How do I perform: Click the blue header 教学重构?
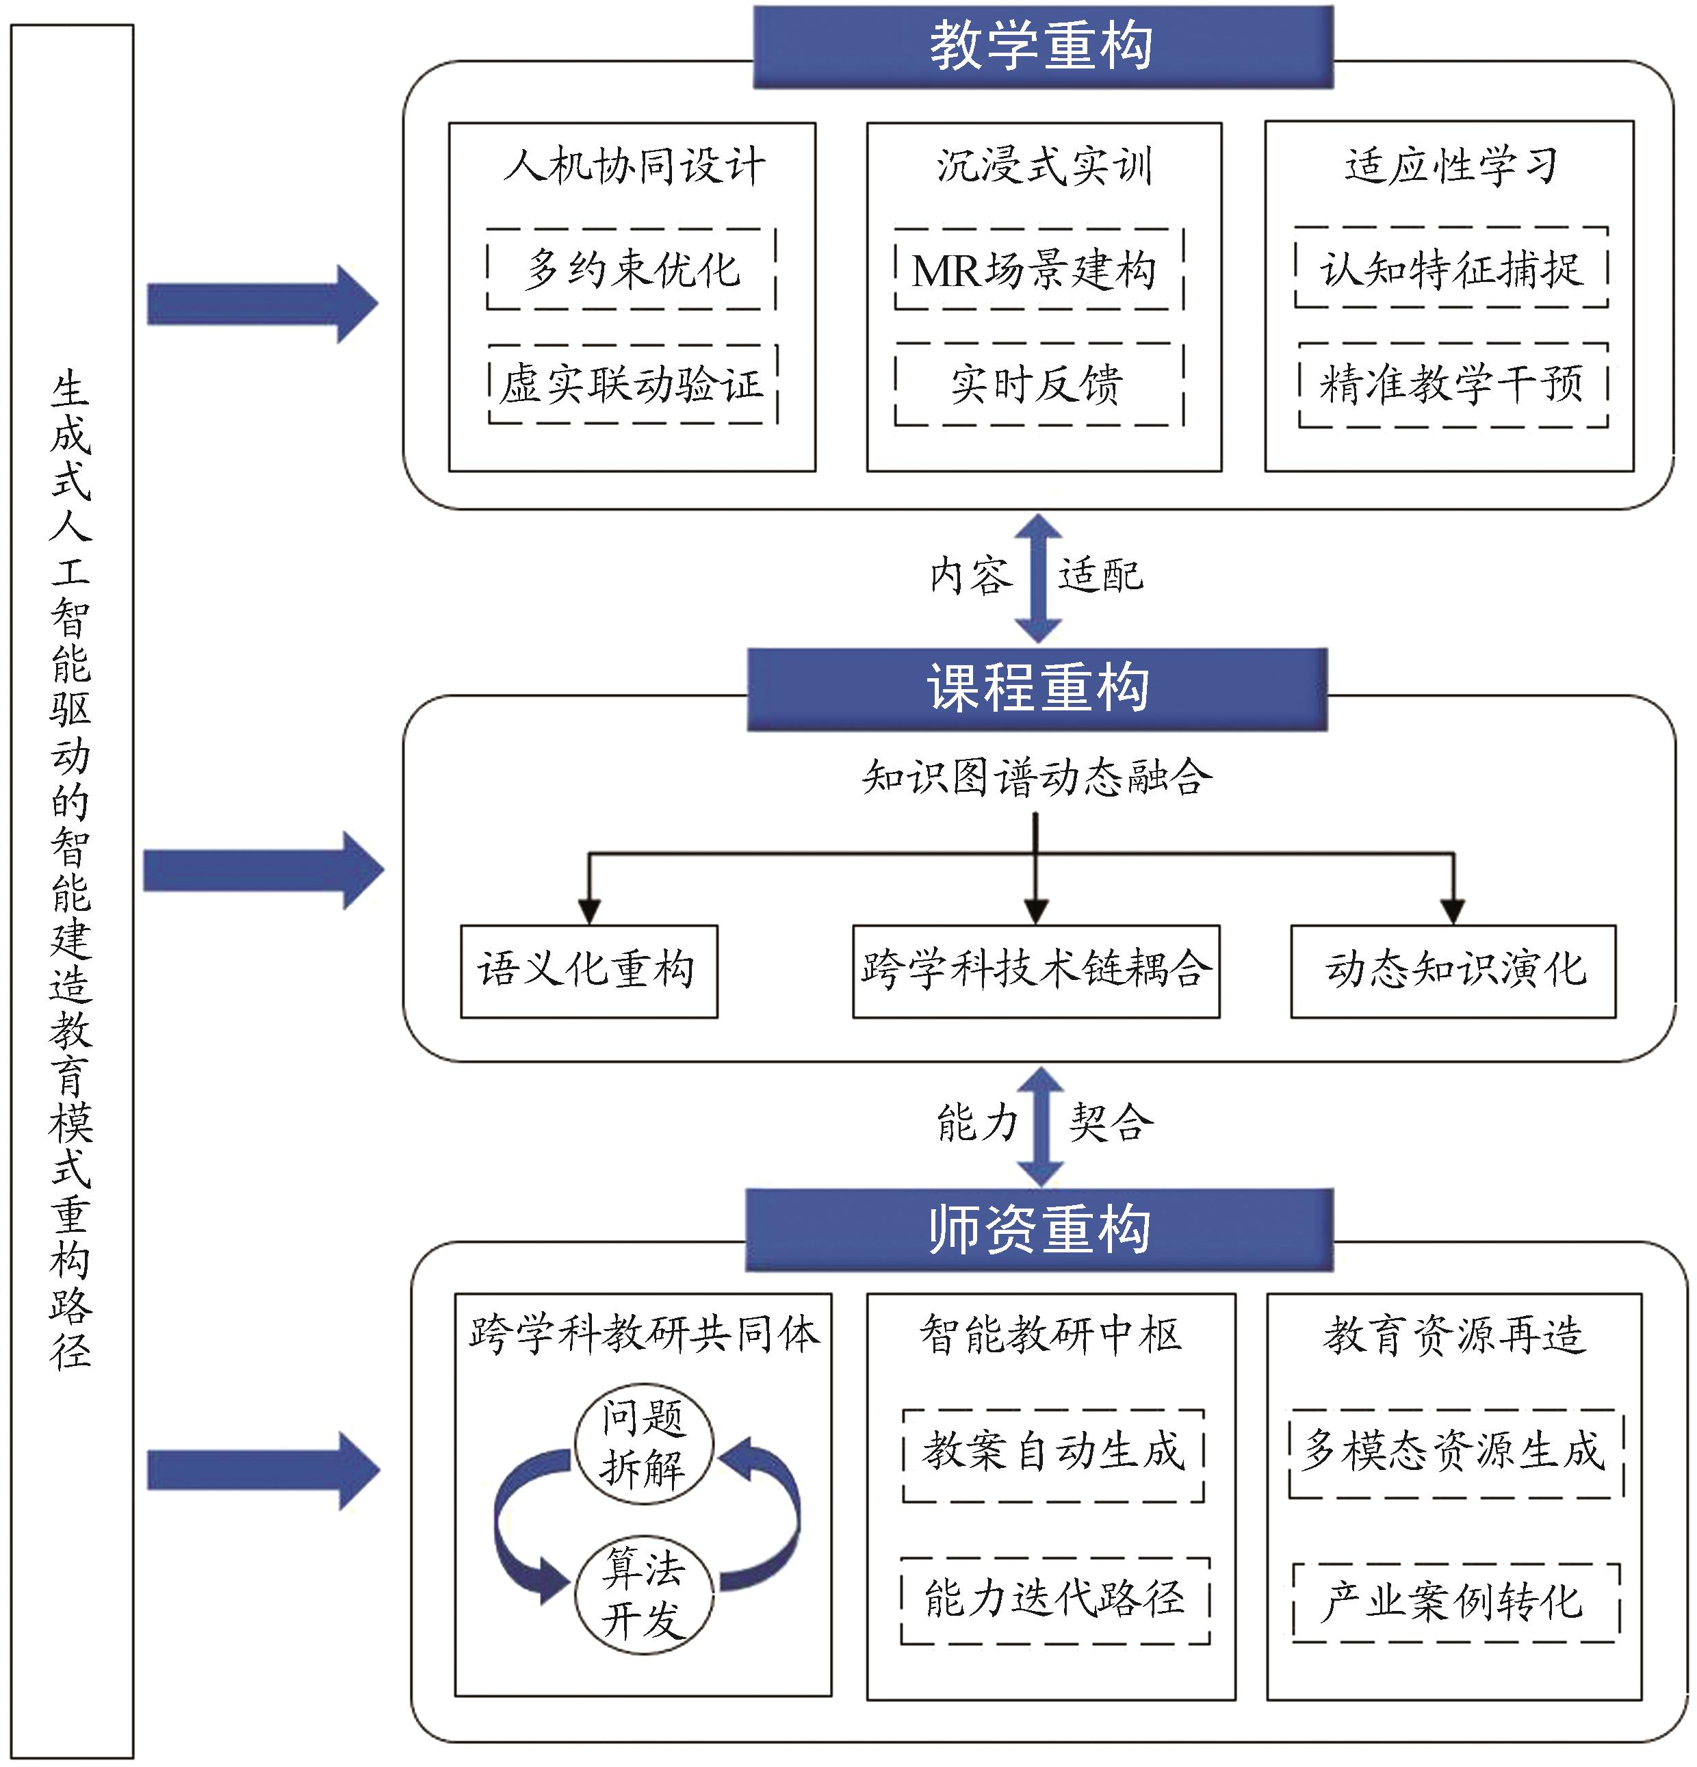coord(1043,47)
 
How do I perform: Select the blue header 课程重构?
coord(1037,688)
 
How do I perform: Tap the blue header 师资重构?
coord(1039,1230)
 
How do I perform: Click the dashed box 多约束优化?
coord(632,270)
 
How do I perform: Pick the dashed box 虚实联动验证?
coord(633,384)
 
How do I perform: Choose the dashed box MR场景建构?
coord(1038,270)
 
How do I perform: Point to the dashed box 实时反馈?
coord(1038,384)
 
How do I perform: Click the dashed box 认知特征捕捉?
coord(1451,268)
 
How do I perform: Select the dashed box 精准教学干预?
coord(1453,384)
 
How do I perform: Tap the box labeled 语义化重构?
coord(588,971)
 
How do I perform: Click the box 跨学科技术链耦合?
coord(1035,971)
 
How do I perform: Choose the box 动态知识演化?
coord(1453,971)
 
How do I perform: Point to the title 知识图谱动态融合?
coord(1037,777)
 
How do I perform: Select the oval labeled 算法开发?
coord(643,1594)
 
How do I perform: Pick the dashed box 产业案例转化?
coord(1455,1601)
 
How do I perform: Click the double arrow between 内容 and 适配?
coord(1038,578)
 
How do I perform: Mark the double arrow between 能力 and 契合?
coord(1041,1126)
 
